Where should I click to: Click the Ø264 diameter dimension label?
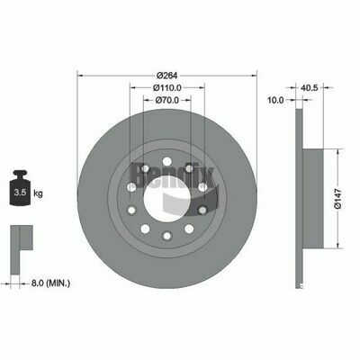coord(167,75)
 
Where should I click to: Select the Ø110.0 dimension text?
coord(167,87)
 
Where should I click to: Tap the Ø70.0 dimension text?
coord(167,100)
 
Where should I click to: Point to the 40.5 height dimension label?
coord(309,87)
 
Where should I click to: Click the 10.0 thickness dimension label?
coord(275,100)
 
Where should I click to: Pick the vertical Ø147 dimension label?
coord(338,199)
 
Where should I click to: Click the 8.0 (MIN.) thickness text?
coord(50,283)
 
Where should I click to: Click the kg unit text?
coord(38,193)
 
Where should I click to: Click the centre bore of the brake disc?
coord(167,199)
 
